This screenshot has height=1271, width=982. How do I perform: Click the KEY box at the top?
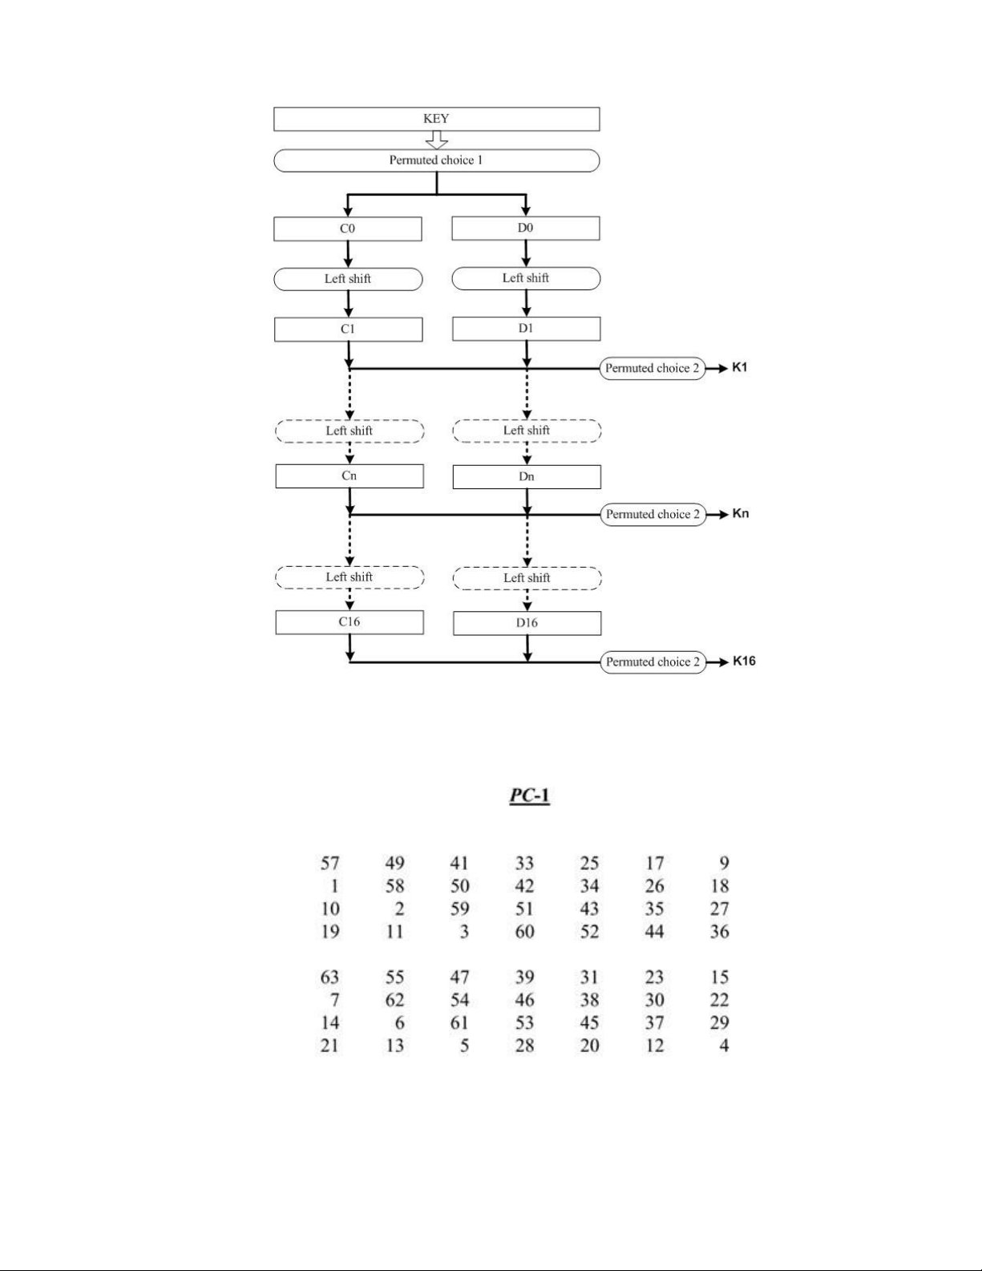[436, 119]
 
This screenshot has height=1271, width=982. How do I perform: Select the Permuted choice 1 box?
[436, 160]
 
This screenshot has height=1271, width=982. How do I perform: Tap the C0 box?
[347, 229]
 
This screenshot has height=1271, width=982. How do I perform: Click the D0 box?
[525, 228]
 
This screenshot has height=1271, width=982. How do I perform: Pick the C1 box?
[348, 329]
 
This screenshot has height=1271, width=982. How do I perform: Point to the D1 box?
[526, 328]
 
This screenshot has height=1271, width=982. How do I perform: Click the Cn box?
[350, 476]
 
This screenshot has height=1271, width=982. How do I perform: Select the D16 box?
[527, 623]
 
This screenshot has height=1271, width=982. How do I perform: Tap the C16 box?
[350, 621]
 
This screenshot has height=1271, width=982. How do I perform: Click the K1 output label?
[739, 368]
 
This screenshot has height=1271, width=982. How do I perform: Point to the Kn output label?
[740, 514]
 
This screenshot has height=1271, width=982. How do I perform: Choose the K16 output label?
[743, 662]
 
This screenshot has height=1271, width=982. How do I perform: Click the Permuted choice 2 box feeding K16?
[653, 662]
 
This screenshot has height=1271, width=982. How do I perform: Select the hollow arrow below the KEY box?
[436, 140]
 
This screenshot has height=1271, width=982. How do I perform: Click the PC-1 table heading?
[529, 796]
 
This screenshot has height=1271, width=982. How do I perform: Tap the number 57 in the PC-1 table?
[329, 864]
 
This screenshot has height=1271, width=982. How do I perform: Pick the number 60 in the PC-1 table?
[524, 932]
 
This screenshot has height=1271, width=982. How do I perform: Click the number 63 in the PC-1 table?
[329, 978]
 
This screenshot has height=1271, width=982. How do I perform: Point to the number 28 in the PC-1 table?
[524, 1046]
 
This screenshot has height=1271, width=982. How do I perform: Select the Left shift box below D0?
[526, 278]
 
